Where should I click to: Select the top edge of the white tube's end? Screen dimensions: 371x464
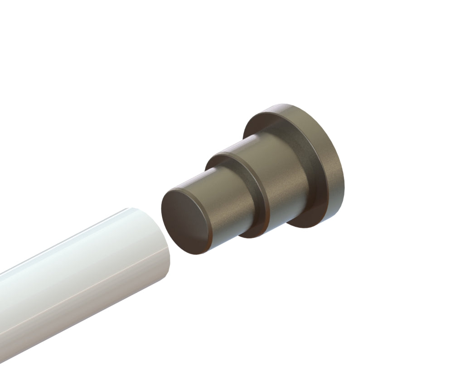pyautogui.click(x=131, y=209)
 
